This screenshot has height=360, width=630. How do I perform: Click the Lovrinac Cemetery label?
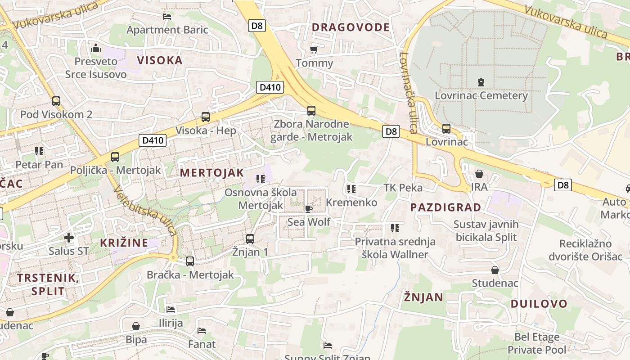pos(481,95)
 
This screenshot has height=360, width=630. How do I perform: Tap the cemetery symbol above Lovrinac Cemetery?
pos(481,82)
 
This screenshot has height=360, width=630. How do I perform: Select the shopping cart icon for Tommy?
pos(314,49)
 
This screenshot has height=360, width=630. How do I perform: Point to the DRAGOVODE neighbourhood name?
pos(351,27)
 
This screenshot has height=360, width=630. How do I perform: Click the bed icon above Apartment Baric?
pos(167,17)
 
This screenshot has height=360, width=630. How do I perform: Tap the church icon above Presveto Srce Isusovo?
pos(95,48)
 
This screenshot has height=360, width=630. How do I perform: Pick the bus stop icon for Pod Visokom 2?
pos(56,101)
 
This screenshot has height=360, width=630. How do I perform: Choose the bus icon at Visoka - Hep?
pos(206,117)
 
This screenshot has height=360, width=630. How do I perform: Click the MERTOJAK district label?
pos(211,172)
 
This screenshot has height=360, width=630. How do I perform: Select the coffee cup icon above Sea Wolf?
pos(308,209)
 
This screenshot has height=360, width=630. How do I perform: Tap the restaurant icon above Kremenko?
pos(351,189)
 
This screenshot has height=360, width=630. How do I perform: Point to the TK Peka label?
pos(403,187)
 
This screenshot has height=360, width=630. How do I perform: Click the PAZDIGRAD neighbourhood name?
pos(445,207)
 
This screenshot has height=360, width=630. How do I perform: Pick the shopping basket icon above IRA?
pos(479,174)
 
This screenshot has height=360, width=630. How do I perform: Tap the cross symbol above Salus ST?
pos(68,237)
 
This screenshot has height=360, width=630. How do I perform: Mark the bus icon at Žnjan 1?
pos(250,238)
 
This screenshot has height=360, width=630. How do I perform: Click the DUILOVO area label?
pos(539,303)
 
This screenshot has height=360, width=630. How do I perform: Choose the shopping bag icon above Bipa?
pos(136,326)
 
